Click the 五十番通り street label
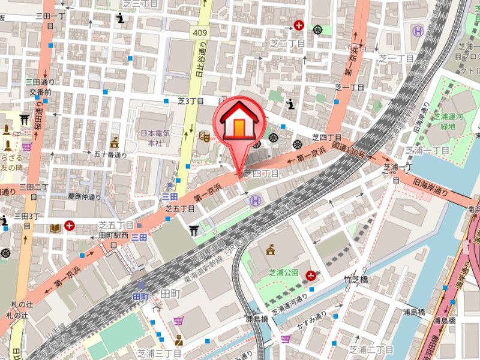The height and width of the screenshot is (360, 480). [x=110, y=154]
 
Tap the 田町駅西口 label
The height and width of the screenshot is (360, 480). [x=113, y=234]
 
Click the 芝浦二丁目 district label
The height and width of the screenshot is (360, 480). [x=371, y=349]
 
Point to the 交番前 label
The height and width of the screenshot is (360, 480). [x=40, y=92]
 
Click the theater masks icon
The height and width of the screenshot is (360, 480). [x=204, y=136]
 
